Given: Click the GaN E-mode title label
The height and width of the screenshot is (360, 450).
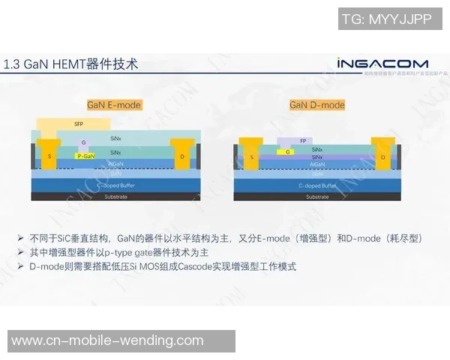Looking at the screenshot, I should (x=114, y=105).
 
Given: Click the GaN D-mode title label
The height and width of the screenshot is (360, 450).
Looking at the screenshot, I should (x=317, y=105).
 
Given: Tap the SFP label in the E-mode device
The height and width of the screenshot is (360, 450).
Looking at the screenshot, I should (x=79, y=124).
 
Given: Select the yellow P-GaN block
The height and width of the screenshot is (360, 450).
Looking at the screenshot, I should (x=85, y=155).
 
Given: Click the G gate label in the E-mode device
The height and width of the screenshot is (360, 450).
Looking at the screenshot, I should (x=84, y=142).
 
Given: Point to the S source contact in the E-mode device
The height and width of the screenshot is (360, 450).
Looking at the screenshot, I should (x=49, y=156).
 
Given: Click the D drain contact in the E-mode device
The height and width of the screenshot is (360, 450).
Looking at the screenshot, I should (x=182, y=156).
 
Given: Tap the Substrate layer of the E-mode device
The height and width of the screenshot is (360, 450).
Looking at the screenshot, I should (x=115, y=196).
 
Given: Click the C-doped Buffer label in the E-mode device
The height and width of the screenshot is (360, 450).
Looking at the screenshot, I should (x=115, y=184).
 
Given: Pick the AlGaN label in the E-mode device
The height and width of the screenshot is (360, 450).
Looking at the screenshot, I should (x=115, y=163).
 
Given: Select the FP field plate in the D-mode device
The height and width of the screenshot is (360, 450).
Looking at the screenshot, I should (x=301, y=141).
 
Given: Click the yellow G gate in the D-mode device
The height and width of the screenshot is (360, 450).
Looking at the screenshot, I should (x=288, y=151).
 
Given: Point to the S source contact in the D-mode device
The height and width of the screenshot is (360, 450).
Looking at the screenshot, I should (x=252, y=157).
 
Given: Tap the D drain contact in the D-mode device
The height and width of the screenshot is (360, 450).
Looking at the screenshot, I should (x=382, y=157).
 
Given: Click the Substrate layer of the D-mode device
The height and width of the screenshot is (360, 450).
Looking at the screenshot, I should (x=316, y=196).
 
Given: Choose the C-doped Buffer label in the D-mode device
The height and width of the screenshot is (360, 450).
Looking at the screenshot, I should (x=316, y=184).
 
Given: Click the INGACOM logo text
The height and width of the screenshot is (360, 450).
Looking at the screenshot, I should (x=382, y=64).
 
